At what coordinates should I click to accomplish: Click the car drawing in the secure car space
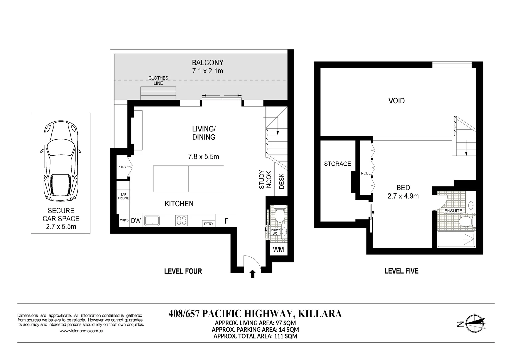coord(61,161)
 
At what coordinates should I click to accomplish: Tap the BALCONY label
coord(208,62)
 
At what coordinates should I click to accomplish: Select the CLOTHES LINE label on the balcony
coord(158,80)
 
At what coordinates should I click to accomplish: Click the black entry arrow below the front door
coord(252,274)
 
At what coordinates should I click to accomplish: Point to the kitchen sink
coord(152,221)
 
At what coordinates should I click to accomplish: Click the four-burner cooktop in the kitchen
coord(181,221)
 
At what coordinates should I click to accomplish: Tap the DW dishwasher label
coord(136,221)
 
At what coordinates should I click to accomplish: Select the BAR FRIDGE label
coord(123,196)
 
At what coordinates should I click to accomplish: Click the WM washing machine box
coord(278,249)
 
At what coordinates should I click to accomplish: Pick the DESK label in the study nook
coord(282,181)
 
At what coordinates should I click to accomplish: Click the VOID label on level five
coord(396,101)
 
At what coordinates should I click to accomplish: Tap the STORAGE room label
coord(337,164)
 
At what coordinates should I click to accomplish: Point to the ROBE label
coord(365,173)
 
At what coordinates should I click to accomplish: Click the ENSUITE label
coord(453,211)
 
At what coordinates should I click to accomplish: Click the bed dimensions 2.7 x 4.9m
coord(403,196)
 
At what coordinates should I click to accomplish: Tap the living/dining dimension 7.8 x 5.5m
coord(203,157)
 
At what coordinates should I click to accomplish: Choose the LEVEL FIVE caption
coord(401,271)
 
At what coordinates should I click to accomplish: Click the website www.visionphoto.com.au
coord(81,331)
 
